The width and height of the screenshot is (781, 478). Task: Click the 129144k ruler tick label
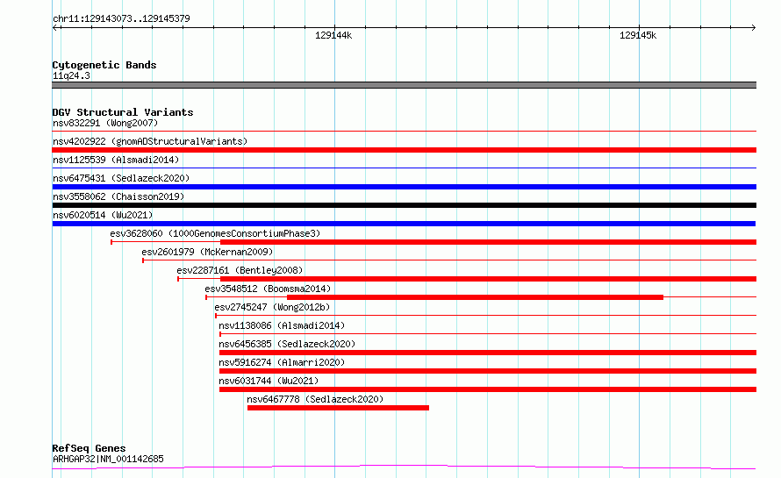pos(333,35)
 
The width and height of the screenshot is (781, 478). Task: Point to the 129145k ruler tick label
pos(638,35)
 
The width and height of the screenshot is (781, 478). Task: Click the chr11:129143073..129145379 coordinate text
pos(121,18)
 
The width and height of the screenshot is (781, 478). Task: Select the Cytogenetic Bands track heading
pos(104,65)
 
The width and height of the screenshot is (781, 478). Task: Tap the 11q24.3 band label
pos(71,75)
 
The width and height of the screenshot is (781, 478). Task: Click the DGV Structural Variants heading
pos(123,112)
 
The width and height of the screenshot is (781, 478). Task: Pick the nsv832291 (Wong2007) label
pos(105,123)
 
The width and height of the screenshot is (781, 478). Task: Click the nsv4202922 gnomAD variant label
pos(150,141)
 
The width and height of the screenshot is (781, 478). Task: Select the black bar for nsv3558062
pos(405,205)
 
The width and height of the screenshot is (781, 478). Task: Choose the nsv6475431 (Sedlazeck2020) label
pos(121,178)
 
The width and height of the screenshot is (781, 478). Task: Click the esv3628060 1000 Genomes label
pos(215,233)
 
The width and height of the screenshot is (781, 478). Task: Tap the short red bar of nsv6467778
pos(338,408)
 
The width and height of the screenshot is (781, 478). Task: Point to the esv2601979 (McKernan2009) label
pos(207,252)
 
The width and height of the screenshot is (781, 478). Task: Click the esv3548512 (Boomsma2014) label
pos(268,289)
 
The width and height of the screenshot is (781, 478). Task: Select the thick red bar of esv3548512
pos(475,297)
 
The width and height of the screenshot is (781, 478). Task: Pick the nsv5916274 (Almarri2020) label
pos(282,362)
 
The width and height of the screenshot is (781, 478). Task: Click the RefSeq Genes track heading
pos(89,448)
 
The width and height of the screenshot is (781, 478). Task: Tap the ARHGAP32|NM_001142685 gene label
pos(108,459)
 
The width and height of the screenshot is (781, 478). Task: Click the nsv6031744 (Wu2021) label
pos(269,381)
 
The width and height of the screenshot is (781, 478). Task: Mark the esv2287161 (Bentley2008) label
pos(240,270)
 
